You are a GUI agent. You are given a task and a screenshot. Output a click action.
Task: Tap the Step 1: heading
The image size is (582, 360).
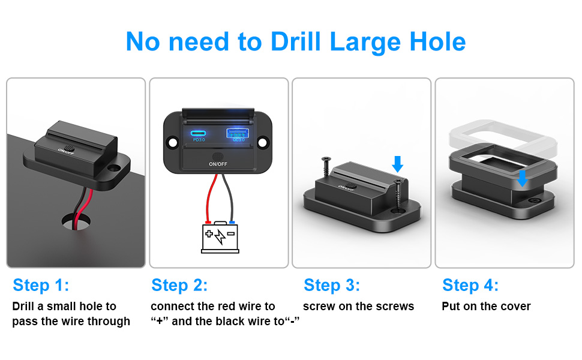[x=41, y=284]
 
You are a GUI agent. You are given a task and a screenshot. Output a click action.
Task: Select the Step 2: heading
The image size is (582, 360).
[x=179, y=284]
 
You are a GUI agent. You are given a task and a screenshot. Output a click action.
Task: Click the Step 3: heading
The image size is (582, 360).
[x=332, y=284]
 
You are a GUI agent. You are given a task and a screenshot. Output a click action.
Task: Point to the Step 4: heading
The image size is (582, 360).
[x=470, y=284]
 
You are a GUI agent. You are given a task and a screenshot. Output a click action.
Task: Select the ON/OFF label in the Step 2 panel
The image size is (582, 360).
[x=217, y=163]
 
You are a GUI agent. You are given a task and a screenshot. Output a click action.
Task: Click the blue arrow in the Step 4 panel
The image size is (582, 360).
[x=522, y=178]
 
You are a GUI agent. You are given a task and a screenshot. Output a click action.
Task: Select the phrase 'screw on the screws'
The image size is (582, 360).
[x=358, y=306]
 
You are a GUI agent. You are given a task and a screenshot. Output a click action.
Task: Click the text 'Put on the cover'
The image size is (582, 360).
[x=486, y=306]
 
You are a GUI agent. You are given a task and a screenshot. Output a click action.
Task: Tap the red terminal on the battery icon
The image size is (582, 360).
[x=208, y=223]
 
